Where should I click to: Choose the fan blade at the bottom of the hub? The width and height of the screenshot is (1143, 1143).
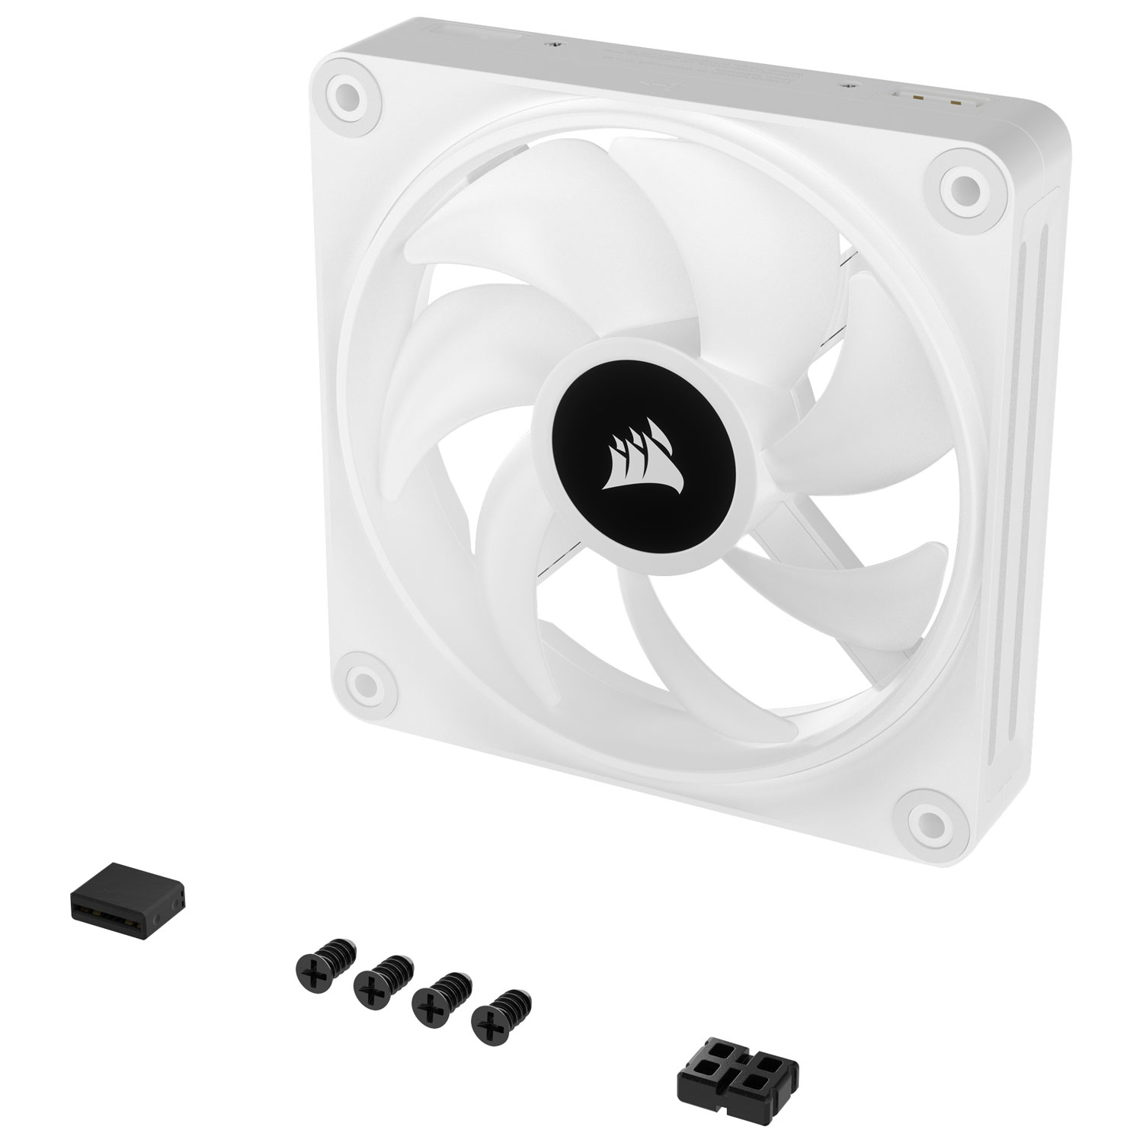click(663, 617)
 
